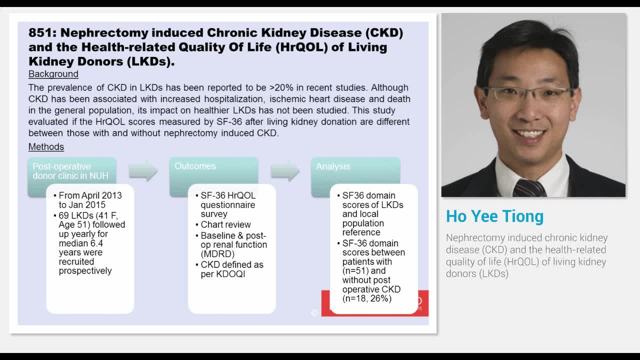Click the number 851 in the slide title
tap(41, 33)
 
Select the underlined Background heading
tap(53, 74)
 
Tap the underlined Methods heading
tap(46, 147)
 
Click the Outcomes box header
tap(195, 166)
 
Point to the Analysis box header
tap(333, 166)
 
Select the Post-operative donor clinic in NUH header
tap(70, 171)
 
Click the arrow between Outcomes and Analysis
tap(285, 171)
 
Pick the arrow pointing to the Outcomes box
tap(143, 171)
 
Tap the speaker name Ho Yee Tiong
tap(494, 216)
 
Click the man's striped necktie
tap(529, 188)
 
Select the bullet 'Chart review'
tap(225, 224)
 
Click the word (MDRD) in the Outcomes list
tap(217, 254)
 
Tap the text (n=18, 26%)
tap(366, 298)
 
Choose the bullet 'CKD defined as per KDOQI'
tap(231, 269)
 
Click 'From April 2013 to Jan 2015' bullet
tap(90, 200)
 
